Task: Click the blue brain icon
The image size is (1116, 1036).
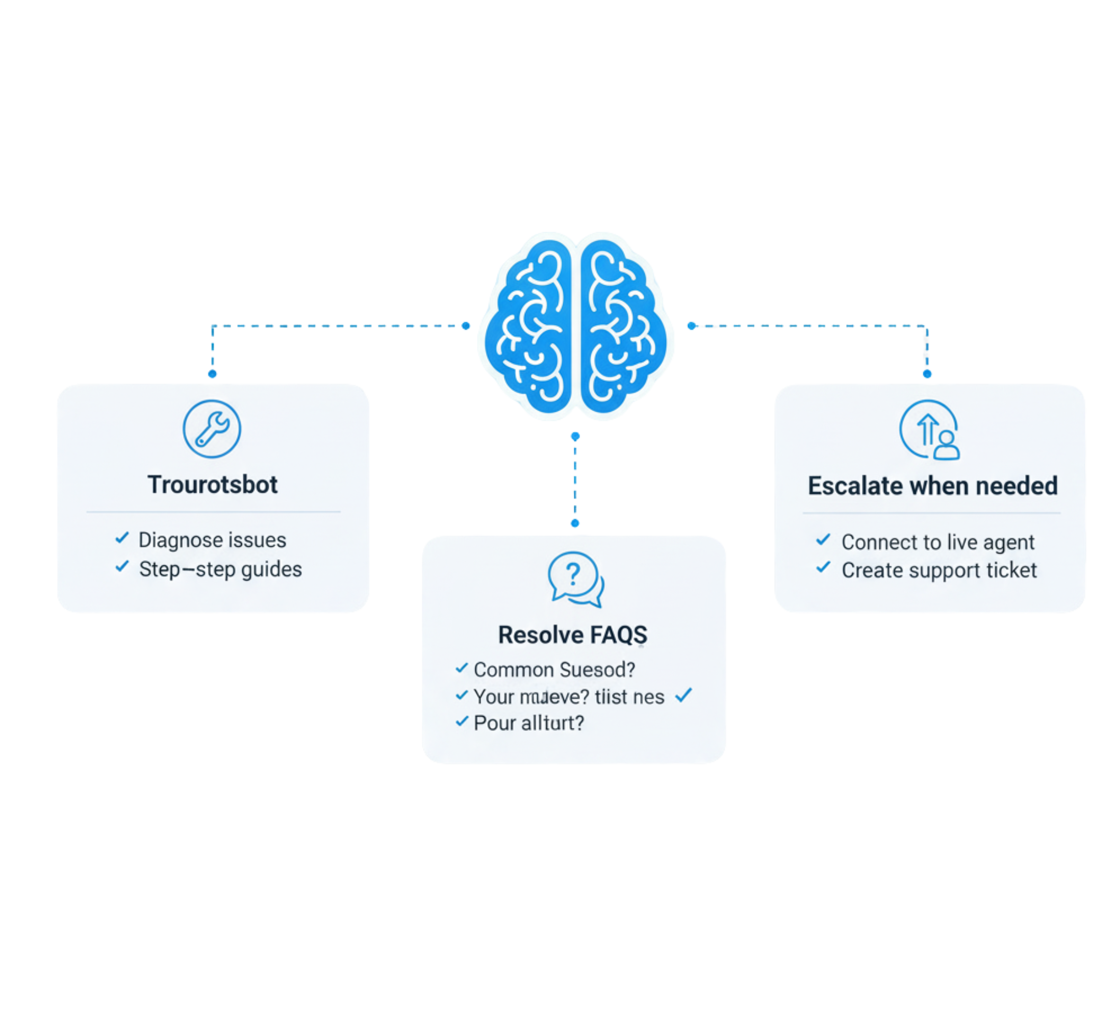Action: click(576, 326)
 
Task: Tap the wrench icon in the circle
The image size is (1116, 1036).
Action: click(212, 429)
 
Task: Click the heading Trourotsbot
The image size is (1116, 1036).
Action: click(213, 485)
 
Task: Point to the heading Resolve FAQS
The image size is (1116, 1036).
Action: click(572, 635)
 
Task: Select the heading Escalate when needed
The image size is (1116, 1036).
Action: click(932, 486)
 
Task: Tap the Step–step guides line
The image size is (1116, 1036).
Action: click(220, 569)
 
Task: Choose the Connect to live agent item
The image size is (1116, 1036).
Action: click(938, 542)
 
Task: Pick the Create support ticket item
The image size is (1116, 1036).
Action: click(939, 570)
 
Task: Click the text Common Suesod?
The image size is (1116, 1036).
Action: click(554, 669)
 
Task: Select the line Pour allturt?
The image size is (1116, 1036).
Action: click(528, 723)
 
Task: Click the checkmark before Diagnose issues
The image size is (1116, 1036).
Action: click(122, 538)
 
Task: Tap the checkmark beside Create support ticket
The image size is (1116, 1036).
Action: click(823, 567)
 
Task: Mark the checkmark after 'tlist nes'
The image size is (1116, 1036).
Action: click(684, 695)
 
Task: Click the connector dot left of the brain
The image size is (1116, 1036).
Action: click(466, 326)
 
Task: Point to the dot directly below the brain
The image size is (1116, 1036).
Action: click(575, 436)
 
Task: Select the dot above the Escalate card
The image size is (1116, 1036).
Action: click(927, 374)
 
